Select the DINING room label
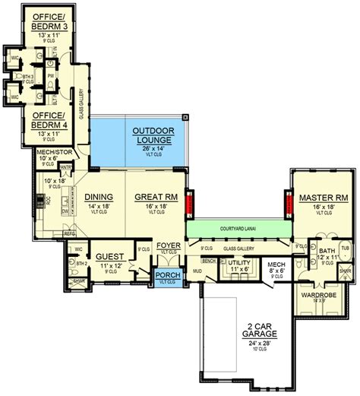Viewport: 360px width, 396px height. click(x=99, y=197)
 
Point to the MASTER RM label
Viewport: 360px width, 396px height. click(x=317, y=197)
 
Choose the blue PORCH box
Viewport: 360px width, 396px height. click(x=165, y=276)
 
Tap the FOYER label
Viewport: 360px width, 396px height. click(x=166, y=246)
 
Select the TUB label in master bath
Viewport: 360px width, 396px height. click(x=346, y=248)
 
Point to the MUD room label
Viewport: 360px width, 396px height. click(x=196, y=270)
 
